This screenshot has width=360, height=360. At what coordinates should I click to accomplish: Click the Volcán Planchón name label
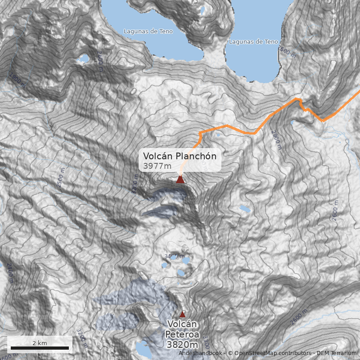(x=180, y=156)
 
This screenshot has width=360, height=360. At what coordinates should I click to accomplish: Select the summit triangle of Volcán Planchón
(x=180, y=180)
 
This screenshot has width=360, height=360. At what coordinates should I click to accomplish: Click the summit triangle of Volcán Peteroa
(x=182, y=314)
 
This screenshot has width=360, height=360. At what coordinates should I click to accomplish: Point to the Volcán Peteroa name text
(x=182, y=329)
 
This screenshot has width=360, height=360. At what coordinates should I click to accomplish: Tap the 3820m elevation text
(x=182, y=345)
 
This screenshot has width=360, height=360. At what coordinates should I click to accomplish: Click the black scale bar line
(x=40, y=348)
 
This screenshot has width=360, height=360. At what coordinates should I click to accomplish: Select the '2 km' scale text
(x=40, y=343)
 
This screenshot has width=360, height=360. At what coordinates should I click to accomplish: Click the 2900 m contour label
(x=275, y=139)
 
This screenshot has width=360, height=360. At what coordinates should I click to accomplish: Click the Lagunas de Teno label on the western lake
(x=148, y=31)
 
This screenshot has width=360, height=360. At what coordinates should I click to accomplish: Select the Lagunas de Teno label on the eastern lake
(x=253, y=42)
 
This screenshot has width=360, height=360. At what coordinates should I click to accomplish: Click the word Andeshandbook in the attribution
(x=200, y=353)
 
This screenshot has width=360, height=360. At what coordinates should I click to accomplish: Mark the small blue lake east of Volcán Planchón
(x=244, y=208)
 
